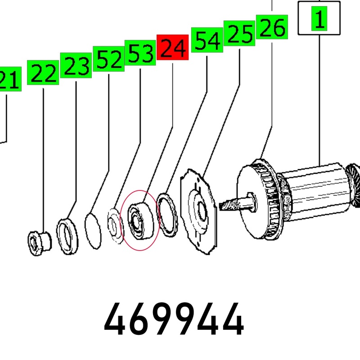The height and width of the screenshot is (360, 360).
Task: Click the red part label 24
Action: tap(172, 47)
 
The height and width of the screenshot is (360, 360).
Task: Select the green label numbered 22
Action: tap(43, 72)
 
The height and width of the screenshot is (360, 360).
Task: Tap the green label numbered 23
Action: tap(76, 65)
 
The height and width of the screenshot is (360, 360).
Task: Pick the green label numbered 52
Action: tap(108, 59)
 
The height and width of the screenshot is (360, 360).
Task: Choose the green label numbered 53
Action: tap(140, 53)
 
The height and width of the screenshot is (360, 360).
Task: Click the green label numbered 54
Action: tap(207, 40)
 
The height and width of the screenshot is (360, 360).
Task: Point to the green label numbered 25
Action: tap(239, 33)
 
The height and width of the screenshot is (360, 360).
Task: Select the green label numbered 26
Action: tap(272, 27)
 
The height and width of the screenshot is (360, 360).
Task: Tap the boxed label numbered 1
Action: tap(319, 18)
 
